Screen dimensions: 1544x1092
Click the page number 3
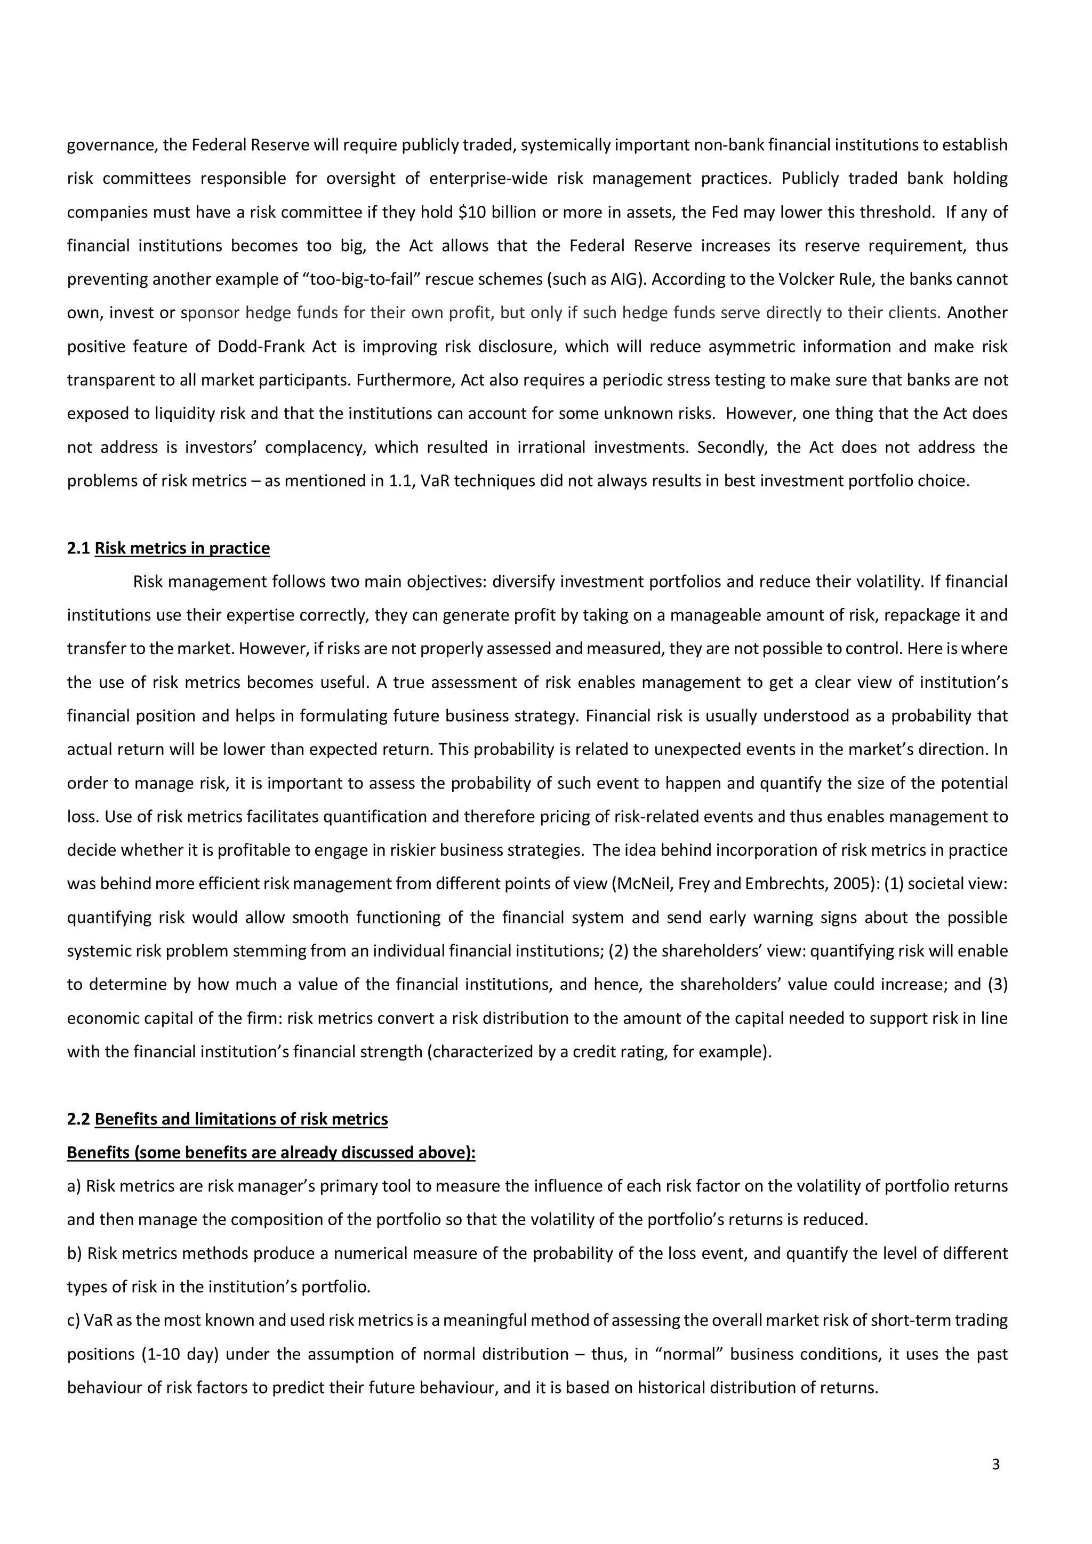point(996,1464)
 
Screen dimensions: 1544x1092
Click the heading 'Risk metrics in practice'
point(182,548)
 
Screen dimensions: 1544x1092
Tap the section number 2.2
point(79,1119)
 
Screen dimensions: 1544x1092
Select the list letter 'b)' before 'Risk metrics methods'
point(75,1253)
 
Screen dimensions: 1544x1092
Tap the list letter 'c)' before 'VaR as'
point(74,1320)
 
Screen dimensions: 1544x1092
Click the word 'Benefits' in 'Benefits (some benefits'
point(98,1153)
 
